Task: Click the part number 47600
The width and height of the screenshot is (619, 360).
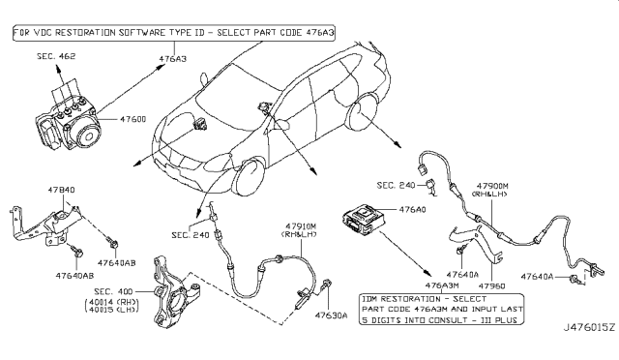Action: pyautogui.click(x=133, y=119)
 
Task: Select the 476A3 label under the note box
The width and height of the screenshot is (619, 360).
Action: pyautogui.click(x=173, y=59)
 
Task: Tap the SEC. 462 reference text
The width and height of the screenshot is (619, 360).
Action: pyautogui.click(x=56, y=56)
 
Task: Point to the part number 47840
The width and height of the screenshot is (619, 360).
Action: pyautogui.click(x=61, y=190)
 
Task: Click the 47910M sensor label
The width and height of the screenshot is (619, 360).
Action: pyautogui.click(x=301, y=226)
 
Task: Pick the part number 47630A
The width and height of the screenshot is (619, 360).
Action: pyautogui.click(x=331, y=315)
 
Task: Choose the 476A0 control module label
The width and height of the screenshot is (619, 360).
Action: pyautogui.click(x=413, y=209)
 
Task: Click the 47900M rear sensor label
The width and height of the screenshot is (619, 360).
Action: pyautogui.click(x=492, y=186)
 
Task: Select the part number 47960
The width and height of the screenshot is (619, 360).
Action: pyautogui.click(x=492, y=285)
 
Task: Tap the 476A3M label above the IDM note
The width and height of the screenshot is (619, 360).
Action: pyautogui.click(x=442, y=285)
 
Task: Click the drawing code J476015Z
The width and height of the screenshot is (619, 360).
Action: pyautogui.click(x=589, y=327)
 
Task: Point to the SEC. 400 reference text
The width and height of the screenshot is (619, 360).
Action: pyautogui.click(x=113, y=291)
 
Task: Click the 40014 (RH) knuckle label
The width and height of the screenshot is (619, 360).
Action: pyautogui.click(x=112, y=302)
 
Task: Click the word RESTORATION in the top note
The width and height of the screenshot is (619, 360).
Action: pyautogui.click(x=85, y=32)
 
